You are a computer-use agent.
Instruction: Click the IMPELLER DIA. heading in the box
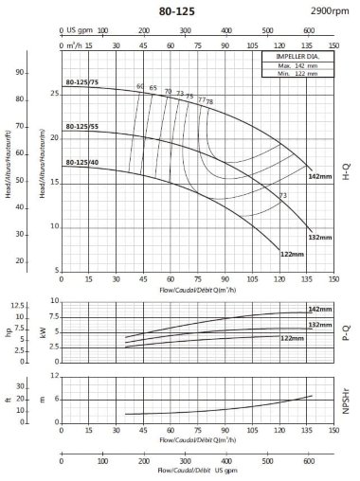295,59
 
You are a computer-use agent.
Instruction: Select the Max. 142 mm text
295,67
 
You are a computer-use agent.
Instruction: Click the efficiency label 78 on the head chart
209,101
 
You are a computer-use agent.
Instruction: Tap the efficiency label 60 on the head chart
140,87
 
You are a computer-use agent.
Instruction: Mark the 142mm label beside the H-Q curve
320,177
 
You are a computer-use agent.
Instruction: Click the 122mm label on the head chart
293,254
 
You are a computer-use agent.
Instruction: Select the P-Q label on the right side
346,331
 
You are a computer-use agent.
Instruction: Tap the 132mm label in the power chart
320,325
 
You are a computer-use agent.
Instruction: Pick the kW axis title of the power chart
41,331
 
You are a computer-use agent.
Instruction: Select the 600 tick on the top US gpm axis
308,29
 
